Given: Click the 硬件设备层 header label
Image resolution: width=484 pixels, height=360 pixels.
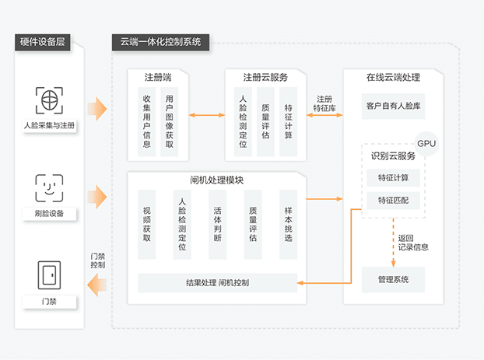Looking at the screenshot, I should (x=42, y=42).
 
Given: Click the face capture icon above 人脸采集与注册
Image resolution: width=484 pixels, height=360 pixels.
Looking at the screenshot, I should (x=49, y=100).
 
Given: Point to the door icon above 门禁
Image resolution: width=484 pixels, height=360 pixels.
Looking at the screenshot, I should (x=49, y=275).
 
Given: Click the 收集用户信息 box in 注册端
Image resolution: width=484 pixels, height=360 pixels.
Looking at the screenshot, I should (x=147, y=121).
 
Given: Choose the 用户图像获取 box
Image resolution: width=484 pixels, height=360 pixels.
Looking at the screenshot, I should (x=170, y=121).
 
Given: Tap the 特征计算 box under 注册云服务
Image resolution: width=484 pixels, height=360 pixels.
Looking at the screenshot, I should (x=289, y=121).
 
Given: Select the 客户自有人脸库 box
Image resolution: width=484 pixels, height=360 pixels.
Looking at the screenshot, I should (x=393, y=105).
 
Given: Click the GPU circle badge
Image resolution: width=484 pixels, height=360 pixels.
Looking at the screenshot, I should (x=426, y=144).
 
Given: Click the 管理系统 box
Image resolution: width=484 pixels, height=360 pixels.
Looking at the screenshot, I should (x=393, y=279).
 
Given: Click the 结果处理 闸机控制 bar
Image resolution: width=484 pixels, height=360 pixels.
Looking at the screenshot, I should (x=218, y=281).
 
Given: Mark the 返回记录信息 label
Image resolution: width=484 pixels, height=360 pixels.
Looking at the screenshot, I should (x=412, y=243).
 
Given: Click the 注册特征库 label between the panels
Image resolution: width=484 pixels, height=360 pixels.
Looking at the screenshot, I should (x=324, y=104).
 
